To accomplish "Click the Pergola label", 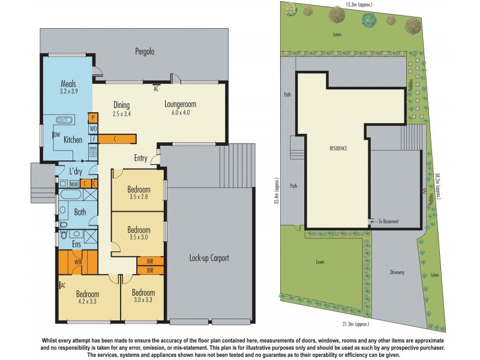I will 144,52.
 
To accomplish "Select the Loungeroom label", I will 181,104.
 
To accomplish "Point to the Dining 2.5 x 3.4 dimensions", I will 121,113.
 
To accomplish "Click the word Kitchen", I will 73,140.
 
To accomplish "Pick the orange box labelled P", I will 93,118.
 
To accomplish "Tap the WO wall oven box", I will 93,128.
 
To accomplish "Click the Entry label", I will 141,158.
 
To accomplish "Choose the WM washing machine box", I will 73,184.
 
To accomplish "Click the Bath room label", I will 80,212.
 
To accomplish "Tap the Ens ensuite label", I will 77,244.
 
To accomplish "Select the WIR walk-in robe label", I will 78,262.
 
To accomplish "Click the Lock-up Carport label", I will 209,258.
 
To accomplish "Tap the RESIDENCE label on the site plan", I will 338,148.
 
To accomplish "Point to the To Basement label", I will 388,221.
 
